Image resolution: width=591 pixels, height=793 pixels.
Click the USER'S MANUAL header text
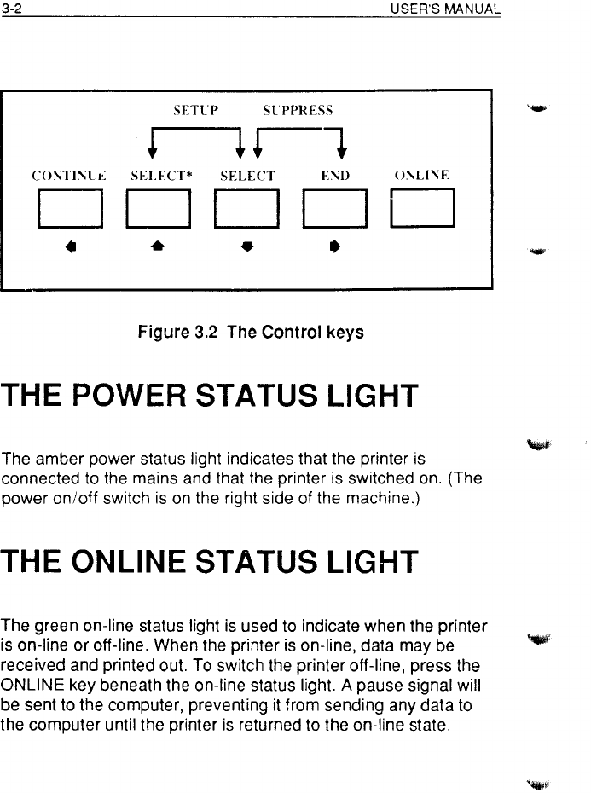tap(444, 9)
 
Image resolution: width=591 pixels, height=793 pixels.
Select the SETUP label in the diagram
tap(196, 110)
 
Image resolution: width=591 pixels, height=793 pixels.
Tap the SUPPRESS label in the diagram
tap(298, 110)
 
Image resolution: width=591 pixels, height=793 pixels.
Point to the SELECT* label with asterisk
tap(159, 177)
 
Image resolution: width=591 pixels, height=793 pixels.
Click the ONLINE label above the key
tap(420, 177)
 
